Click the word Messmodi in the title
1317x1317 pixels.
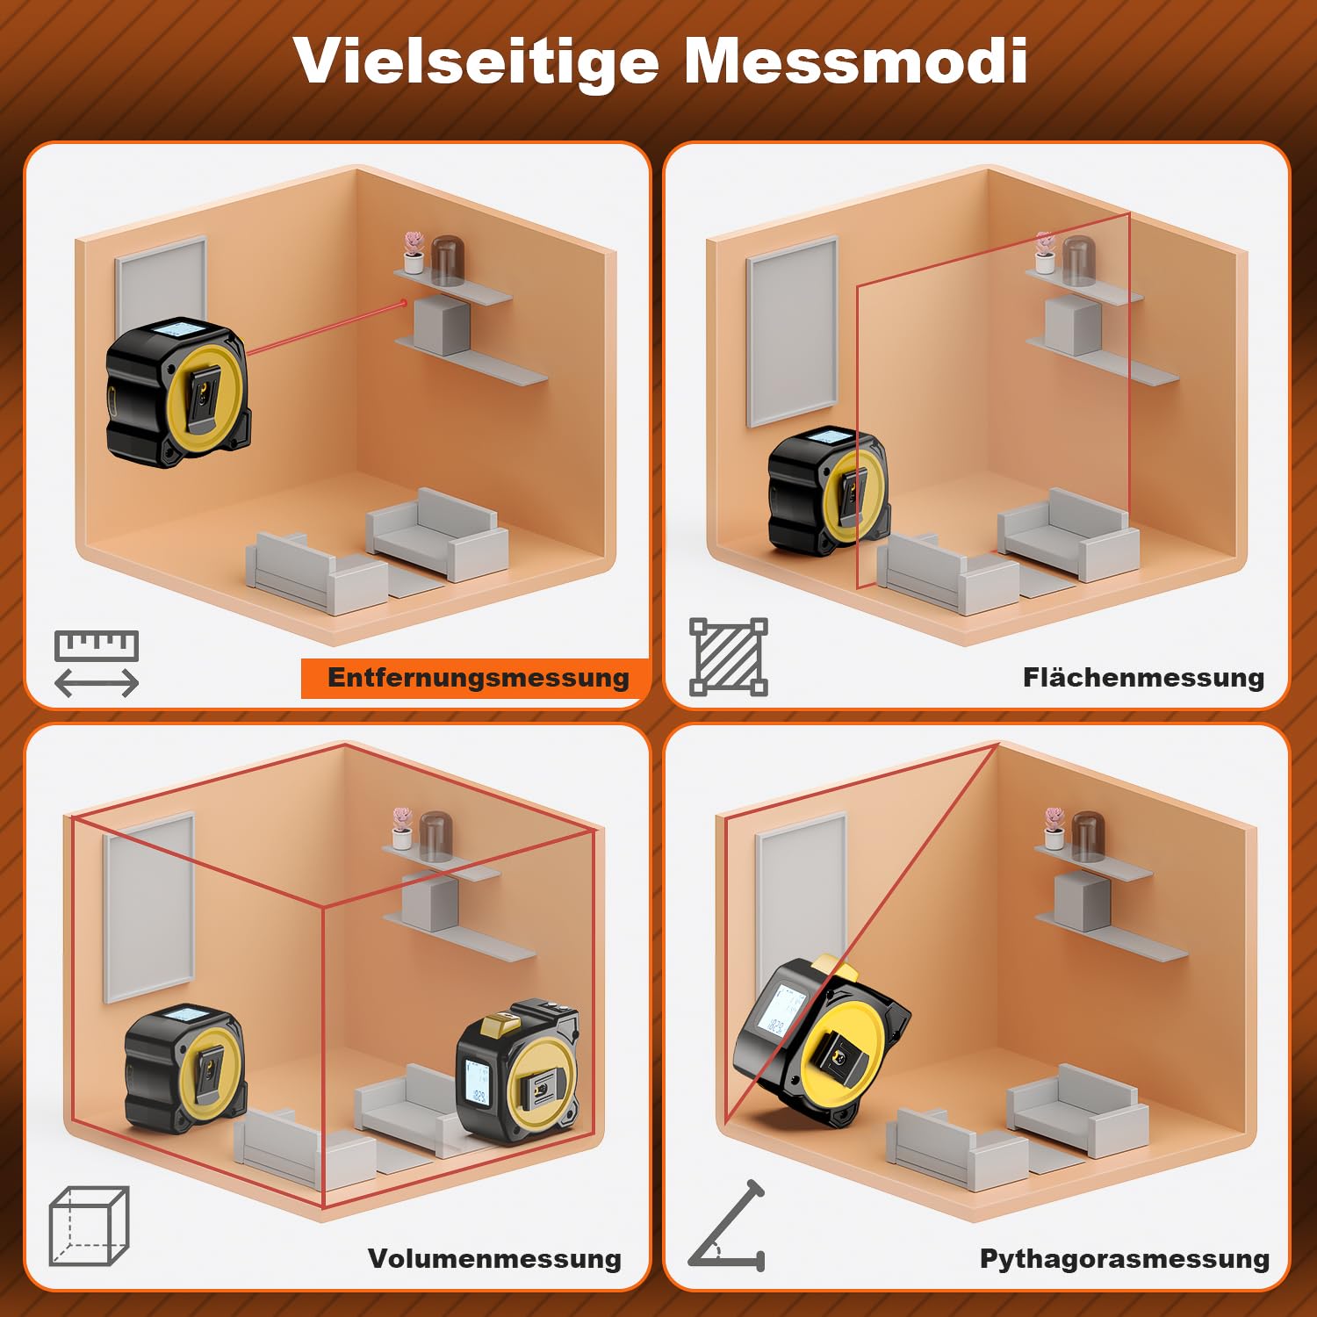(x=855, y=61)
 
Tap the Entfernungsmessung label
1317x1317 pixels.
(x=479, y=678)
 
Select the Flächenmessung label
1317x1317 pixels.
(x=1143, y=678)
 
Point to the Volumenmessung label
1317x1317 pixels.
(x=494, y=1258)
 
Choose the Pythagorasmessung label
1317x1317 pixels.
(x=1125, y=1259)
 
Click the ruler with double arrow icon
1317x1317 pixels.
(x=97, y=664)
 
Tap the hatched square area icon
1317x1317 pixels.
(x=729, y=657)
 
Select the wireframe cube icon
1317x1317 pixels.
(x=89, y=1226)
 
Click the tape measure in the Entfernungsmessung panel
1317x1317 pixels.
(x=178, y=392)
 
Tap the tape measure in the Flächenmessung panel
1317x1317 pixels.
(x=829, y=492)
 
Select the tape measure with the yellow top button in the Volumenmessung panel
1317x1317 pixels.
(x=518, y=1073)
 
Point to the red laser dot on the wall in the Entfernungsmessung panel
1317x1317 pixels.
(x=404, y=303)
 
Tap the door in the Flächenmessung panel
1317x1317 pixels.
(x=792, y=331)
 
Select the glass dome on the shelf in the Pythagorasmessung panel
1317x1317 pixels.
(x=1085, y=837)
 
